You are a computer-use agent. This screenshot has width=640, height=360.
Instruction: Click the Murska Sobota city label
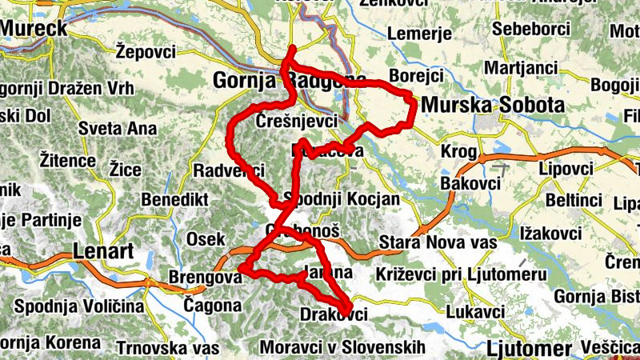coord(492,105)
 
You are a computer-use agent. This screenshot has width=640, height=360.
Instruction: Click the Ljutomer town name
coord(528,349)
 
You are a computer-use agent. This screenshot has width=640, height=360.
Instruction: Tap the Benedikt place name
coord(175,198)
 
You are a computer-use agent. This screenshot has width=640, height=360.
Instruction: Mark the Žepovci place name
coord(145,51)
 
